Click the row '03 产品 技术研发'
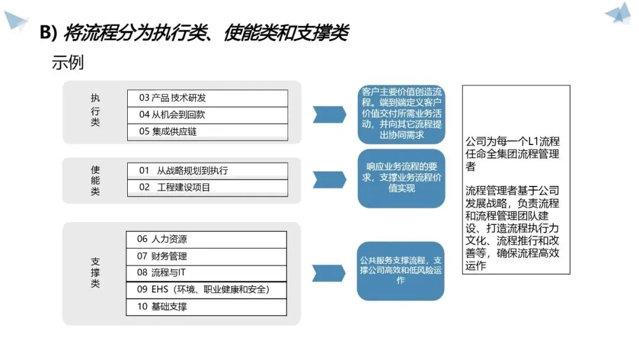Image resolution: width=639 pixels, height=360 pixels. (x=208, y=98)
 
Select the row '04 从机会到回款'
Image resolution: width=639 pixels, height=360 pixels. (x=208, y=115)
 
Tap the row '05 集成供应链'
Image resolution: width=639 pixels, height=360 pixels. (x=208, y=131)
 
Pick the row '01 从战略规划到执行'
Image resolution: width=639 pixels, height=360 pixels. (x=208, y=171)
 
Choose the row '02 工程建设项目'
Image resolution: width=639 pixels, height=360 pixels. (x=208, y=188)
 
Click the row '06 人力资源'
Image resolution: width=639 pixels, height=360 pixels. (x=206, y=239)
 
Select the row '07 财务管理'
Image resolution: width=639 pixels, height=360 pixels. (x=206, y=256)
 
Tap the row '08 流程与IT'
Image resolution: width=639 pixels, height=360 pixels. (x=206, y=273)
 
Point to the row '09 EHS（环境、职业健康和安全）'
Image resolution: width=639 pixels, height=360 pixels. (x=206, y=290)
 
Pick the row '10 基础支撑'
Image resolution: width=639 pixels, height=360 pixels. (x=206, y=307)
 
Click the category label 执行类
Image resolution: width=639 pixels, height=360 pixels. (x=95, y=111)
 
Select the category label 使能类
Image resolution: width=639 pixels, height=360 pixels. (x=95, y=180)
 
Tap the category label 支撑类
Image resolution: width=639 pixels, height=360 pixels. (x=95, y=272)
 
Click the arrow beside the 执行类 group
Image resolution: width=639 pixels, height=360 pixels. (x=329, y=114)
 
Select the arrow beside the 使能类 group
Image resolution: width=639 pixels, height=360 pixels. (x=329, y=179)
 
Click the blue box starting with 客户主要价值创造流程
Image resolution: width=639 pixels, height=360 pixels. (x=401, y=114)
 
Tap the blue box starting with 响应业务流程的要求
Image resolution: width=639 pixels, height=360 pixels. (x=401, y=178)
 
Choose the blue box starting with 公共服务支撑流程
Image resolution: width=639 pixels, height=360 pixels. (x=401, y=271)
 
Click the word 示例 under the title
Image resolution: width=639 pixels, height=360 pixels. (x=68, y=63)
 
